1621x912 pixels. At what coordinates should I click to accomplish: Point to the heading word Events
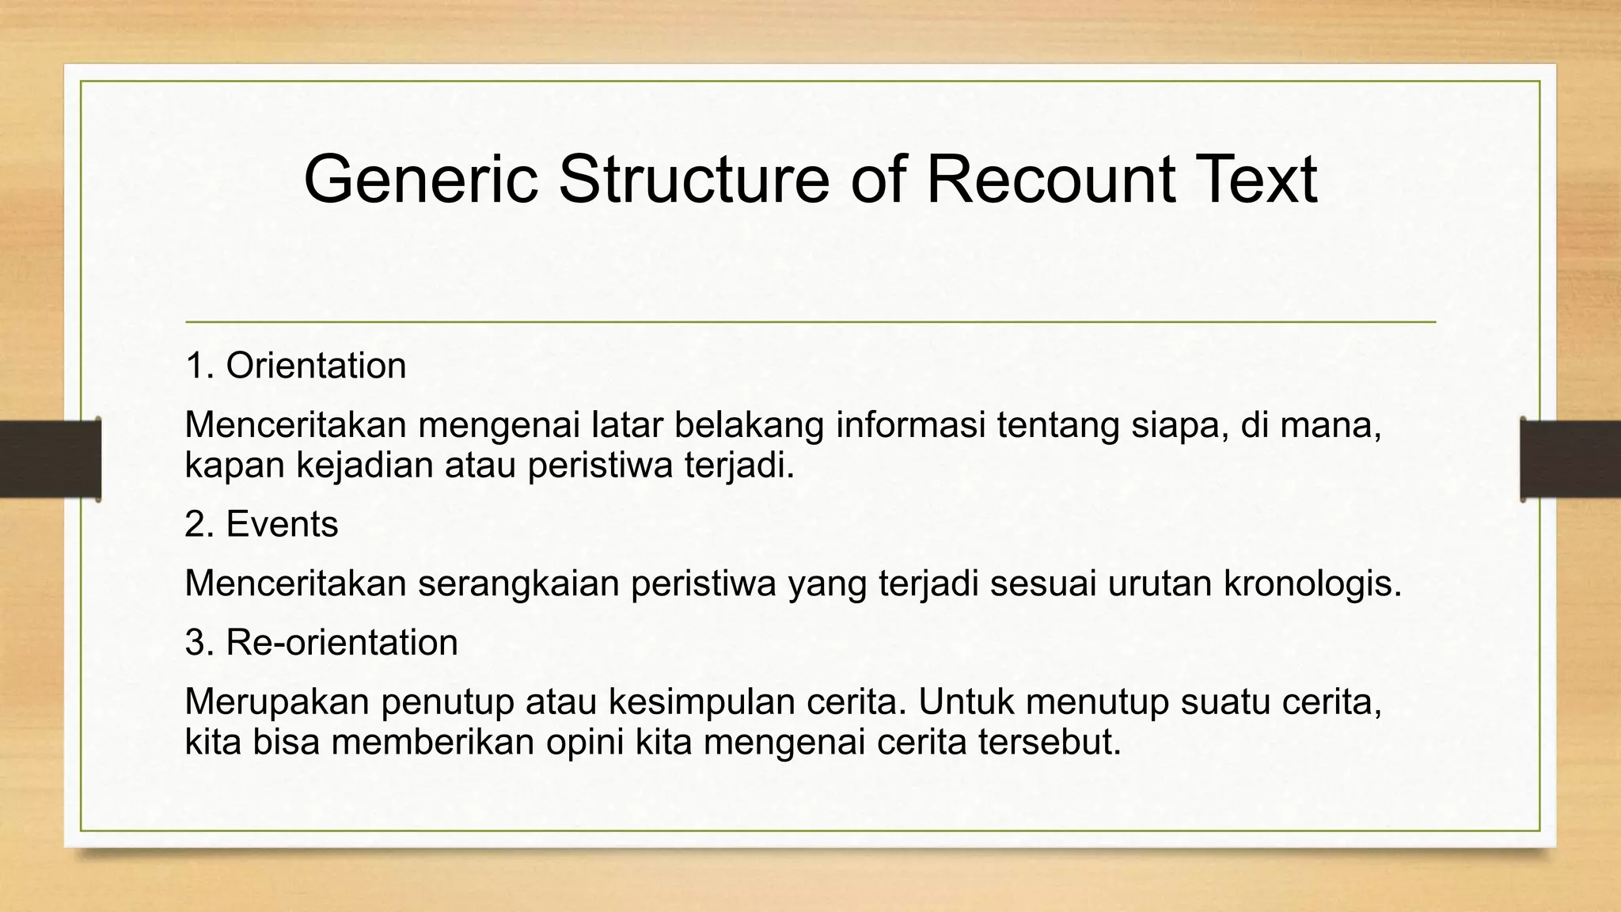click(x=282, y=524)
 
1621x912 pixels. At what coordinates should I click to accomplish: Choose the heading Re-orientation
click(x=342, y=642)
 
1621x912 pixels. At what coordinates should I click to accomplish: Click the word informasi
click(x=911, y=425)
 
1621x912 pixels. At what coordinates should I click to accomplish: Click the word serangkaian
click(x=518, y=583)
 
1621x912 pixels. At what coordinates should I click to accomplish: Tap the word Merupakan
click(x=277, y=702)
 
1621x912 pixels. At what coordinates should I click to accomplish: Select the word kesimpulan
click(x=702, y=702)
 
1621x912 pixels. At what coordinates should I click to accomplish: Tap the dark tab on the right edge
click(x=1570, y=459)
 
